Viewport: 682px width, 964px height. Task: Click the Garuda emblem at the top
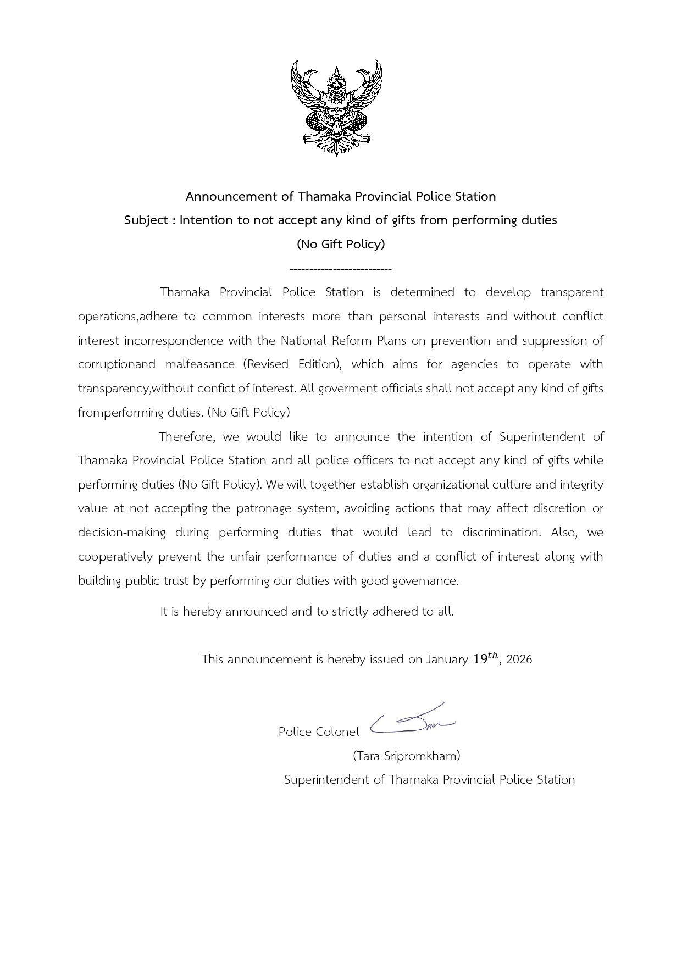point(336,108)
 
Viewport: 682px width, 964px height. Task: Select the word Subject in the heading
point(146,220)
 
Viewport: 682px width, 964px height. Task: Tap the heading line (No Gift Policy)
point(341,244)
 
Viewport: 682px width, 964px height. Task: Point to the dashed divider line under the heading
point(340,269)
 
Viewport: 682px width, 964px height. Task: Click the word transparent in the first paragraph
point(572,292)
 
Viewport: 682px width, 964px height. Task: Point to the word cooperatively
point(115,557)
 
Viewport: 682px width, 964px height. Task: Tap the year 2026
point(519,660)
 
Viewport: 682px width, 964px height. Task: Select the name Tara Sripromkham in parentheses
point(407,756)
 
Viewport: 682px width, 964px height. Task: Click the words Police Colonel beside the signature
point(319,732)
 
